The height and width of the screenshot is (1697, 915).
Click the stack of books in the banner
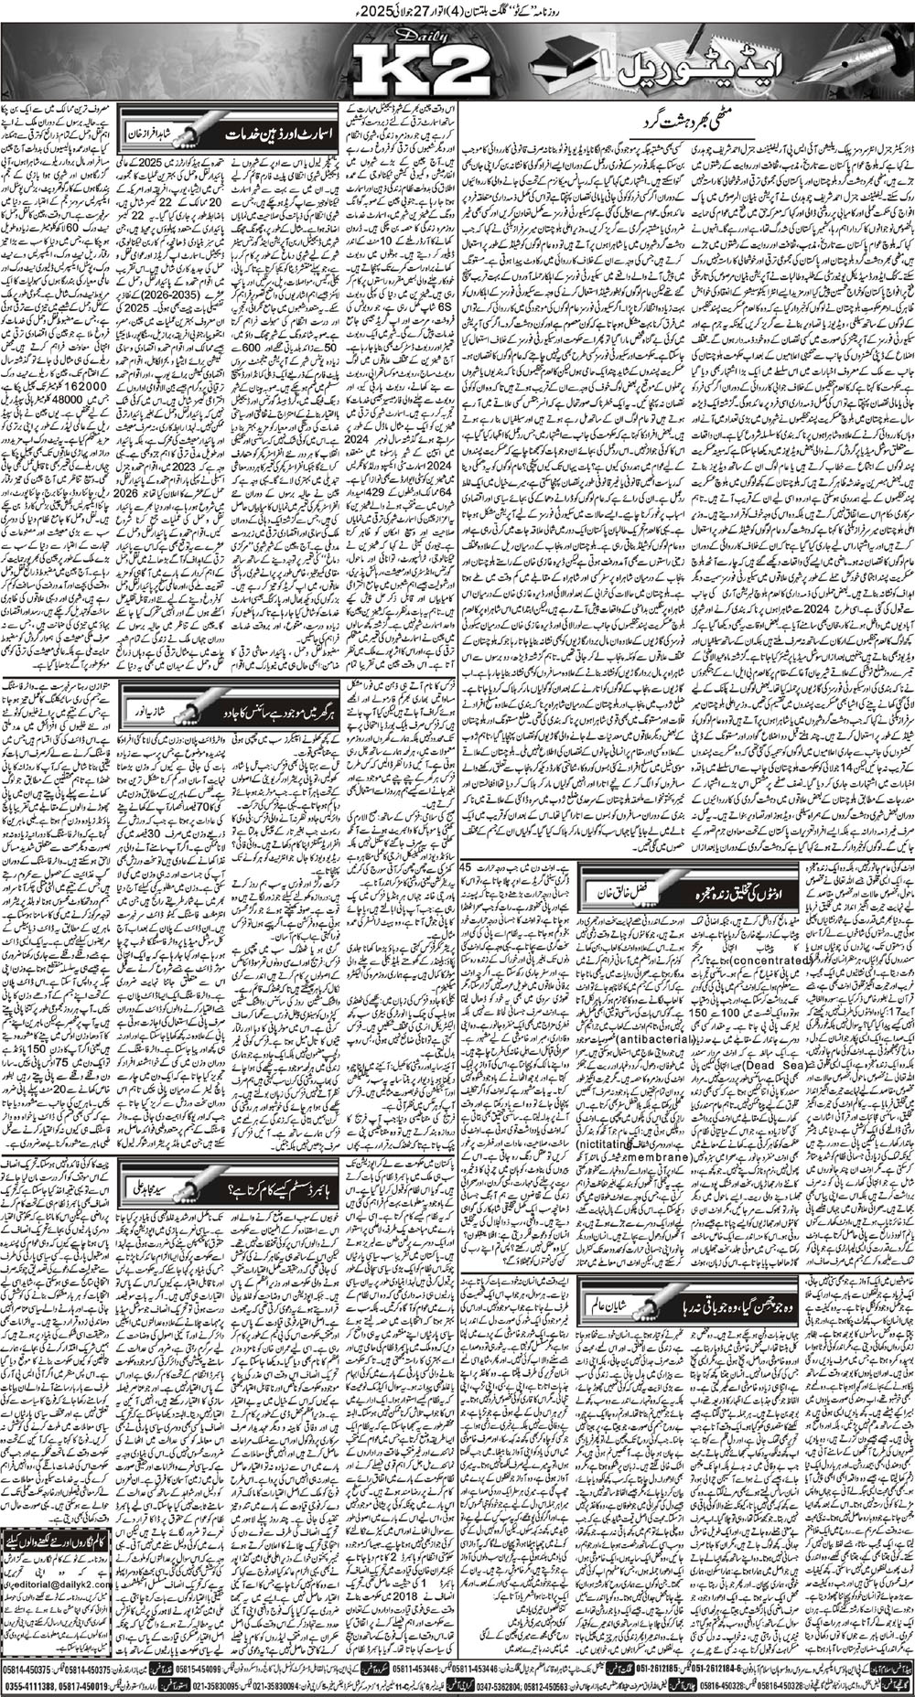coord(565,62)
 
